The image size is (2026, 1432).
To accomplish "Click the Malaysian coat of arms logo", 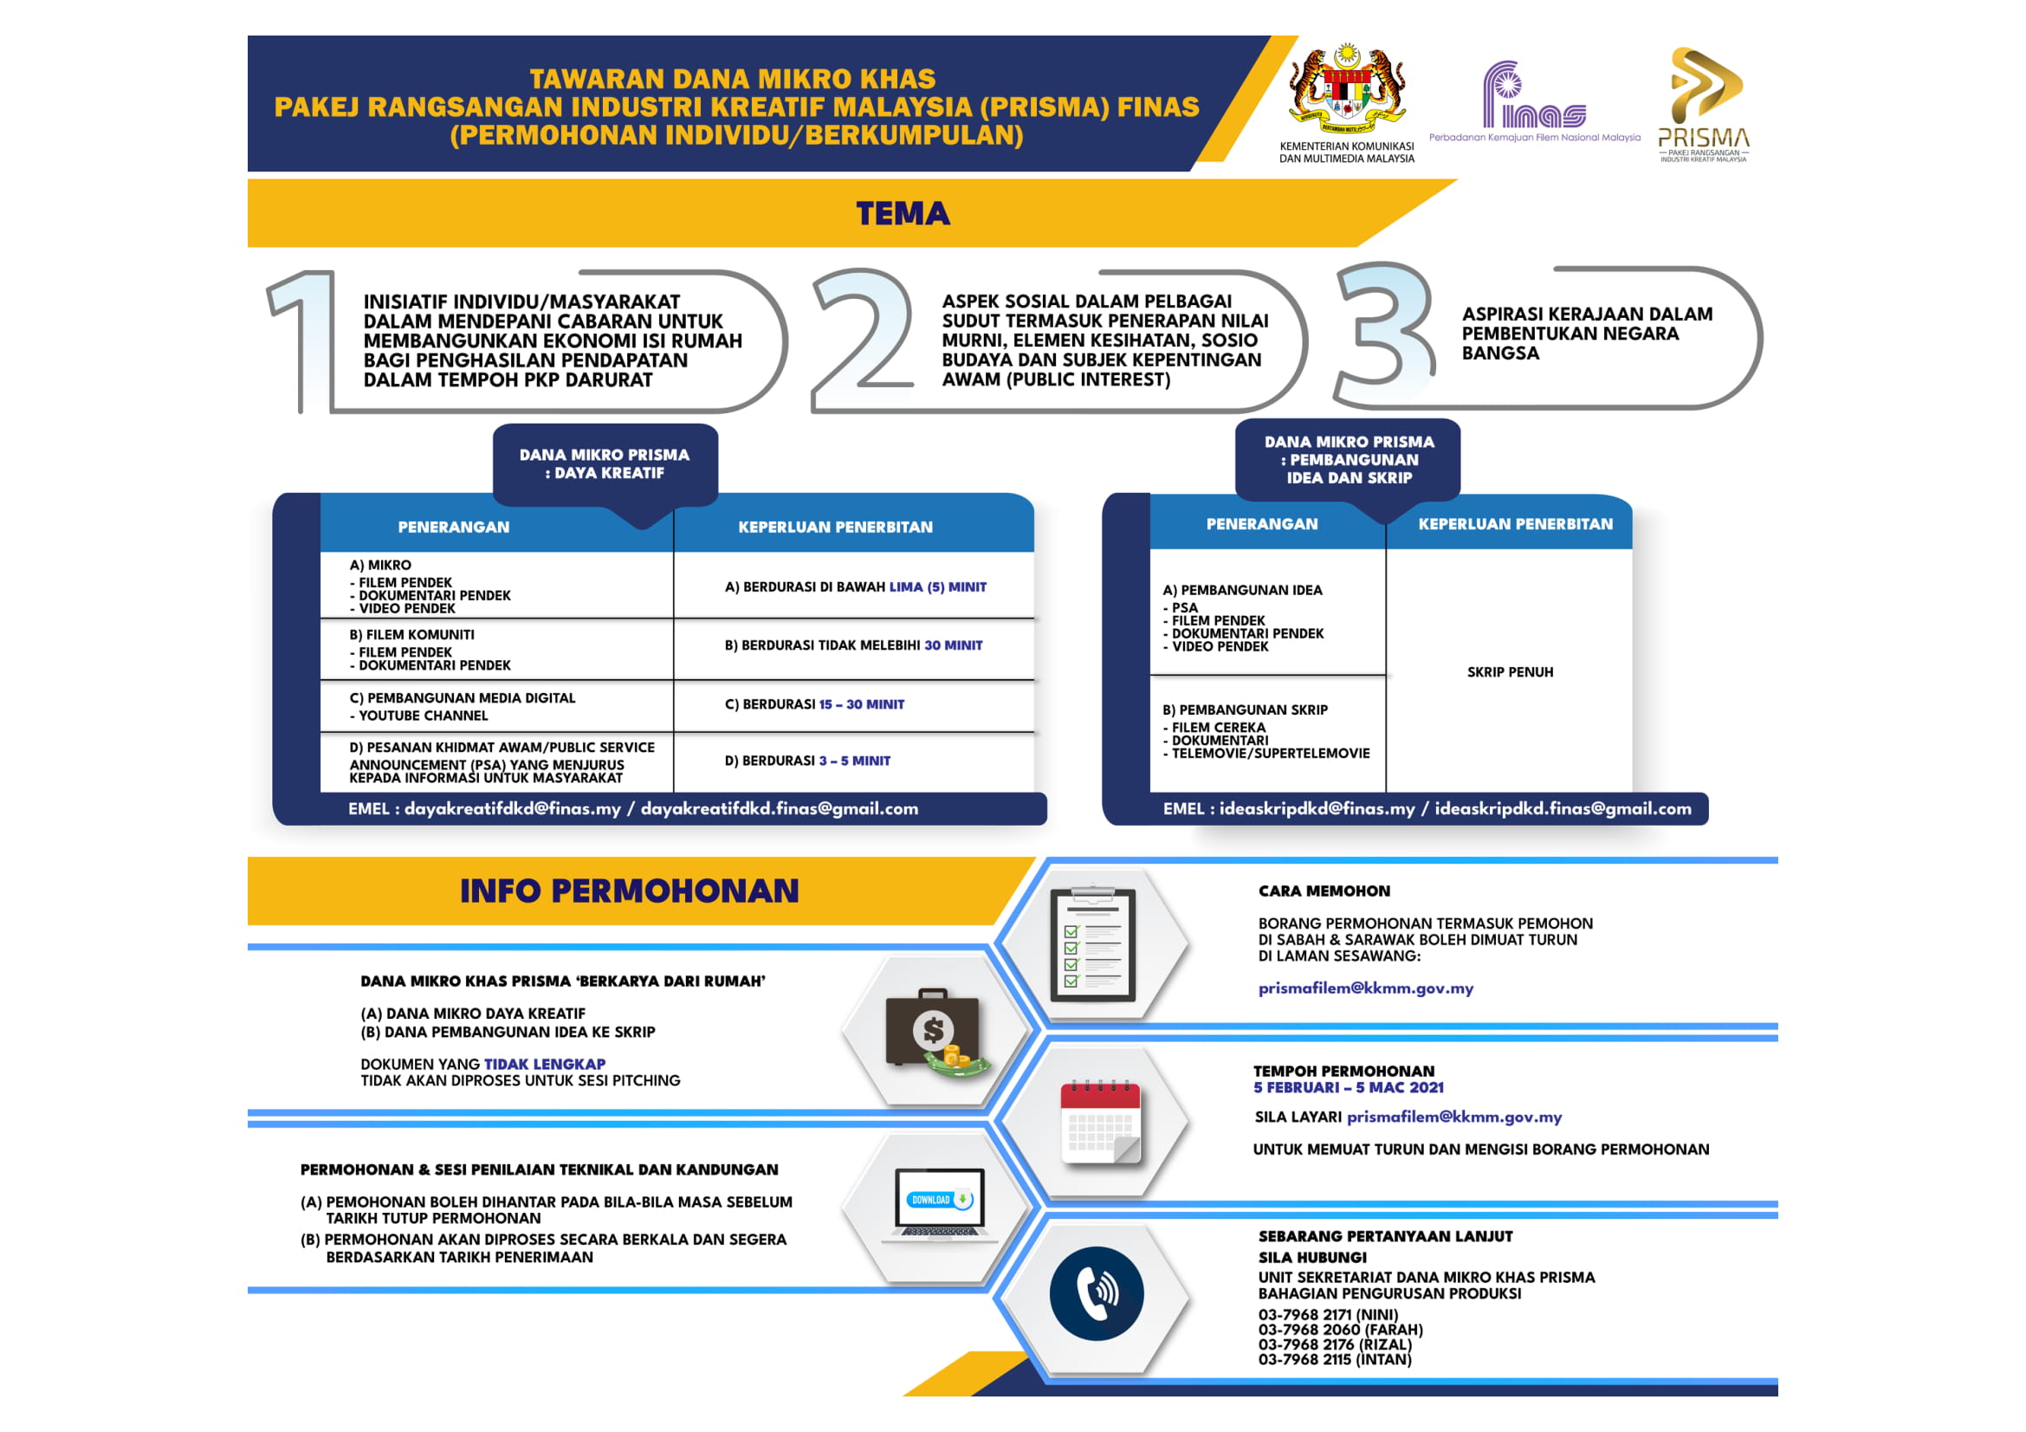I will tap(1347, 88).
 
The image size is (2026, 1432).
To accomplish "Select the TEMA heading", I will tap(903, 213).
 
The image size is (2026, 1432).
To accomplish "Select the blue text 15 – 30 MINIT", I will tap(861, 704).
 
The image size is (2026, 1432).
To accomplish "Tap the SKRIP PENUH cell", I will tap(1510, 672).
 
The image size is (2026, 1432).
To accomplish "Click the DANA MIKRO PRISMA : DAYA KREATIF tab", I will tap(605, 464).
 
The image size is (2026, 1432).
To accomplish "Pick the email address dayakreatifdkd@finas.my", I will tap(512, 808).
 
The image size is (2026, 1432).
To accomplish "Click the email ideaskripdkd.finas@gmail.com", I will tap(1563, 808).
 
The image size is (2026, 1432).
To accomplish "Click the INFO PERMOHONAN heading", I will tap(629, 891).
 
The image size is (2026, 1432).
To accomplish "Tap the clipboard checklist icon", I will tap(1092, 945).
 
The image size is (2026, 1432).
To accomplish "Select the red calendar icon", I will tap(1100, 1121).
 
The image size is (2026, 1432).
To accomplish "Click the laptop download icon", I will tap(939, 1205).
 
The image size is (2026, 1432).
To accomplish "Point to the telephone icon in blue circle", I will tap(1096, 1293).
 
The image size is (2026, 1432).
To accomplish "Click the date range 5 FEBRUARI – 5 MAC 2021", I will tap(1349, 1088).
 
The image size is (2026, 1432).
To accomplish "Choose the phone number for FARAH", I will tap(1340, 1330).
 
